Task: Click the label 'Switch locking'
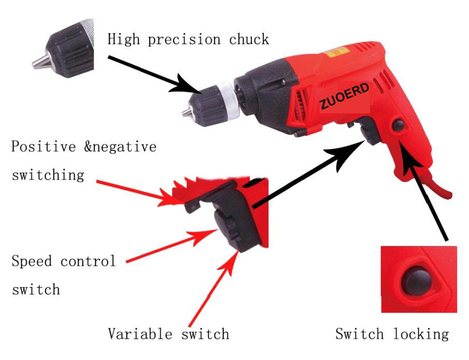tap(391, 334)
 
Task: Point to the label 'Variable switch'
tap(168, 334)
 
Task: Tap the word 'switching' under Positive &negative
tap(48, 175)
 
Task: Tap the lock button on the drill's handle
tap(399, 125)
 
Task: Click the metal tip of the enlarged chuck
tap(38, 63)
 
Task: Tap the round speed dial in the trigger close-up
tap(224, 227)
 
